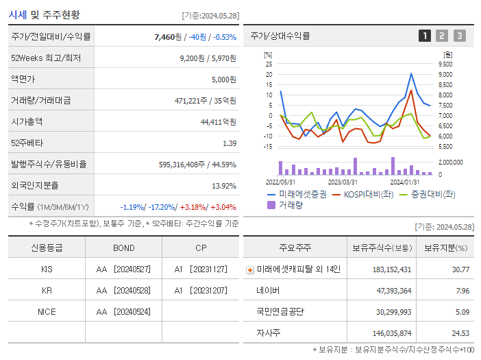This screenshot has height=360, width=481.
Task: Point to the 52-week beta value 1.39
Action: coord(230,143)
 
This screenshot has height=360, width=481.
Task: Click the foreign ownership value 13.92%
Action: coord(224,186)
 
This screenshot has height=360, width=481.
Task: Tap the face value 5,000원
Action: coord(224,80)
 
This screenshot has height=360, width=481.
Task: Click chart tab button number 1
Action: coord(425,36)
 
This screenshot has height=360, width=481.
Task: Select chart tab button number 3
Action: coord(459,36)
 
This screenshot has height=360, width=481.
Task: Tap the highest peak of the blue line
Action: coord(411,74)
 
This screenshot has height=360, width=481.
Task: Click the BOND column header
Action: coord(123,248)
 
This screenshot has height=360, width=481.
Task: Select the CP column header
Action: coord(200,248)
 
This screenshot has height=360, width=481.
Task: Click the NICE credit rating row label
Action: coord(47,312)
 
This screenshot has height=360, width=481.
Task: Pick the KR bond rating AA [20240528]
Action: coord(124,291)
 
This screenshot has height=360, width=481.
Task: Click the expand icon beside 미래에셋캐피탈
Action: coord(249,270)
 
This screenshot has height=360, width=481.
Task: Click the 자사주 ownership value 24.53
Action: coord(460,333)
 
